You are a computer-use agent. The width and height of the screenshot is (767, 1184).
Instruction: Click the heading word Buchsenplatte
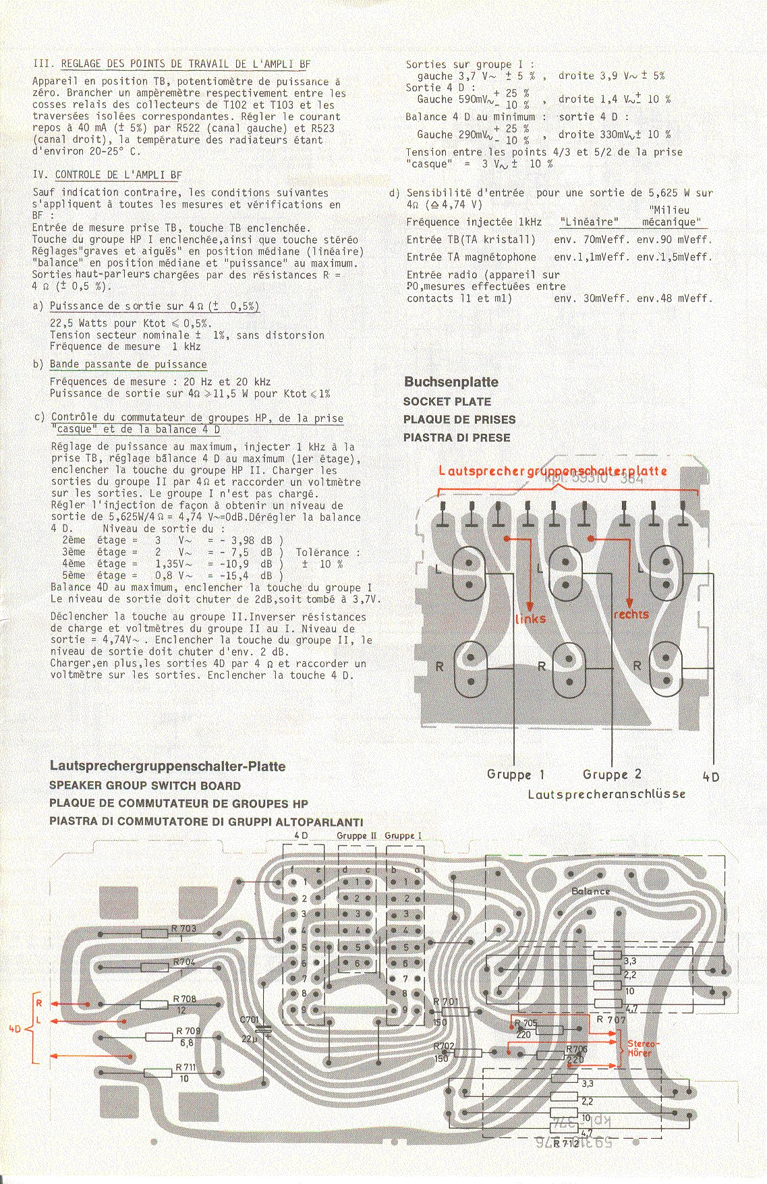coord(451,382)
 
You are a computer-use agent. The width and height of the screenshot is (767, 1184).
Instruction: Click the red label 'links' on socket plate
coord(530,619)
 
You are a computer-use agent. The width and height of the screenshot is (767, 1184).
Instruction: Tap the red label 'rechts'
coord(631,615)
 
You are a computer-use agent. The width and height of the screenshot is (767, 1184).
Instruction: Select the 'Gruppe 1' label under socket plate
coord(515,774)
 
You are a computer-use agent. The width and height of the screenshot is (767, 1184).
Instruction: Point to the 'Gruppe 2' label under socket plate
coord(612,774)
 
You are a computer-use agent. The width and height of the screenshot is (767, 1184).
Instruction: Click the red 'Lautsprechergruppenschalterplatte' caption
coord(552,470)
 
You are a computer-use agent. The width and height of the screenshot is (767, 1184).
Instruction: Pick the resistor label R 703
coord(185,928)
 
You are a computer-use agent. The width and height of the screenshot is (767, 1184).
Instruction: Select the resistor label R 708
coord(185,999)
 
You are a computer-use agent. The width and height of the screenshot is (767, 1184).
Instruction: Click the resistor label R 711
coord(185,1067)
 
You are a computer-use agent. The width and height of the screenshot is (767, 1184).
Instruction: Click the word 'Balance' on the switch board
coord(590,891)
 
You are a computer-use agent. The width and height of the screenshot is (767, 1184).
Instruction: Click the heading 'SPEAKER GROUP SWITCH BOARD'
coord(145,786)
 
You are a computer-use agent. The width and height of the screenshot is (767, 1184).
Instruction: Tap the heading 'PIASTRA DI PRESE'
coord(457,438)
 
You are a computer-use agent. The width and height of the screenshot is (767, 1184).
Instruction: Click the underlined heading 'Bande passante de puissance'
coord(128,364)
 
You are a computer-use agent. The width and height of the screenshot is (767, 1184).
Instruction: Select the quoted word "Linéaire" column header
coord(589,222)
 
